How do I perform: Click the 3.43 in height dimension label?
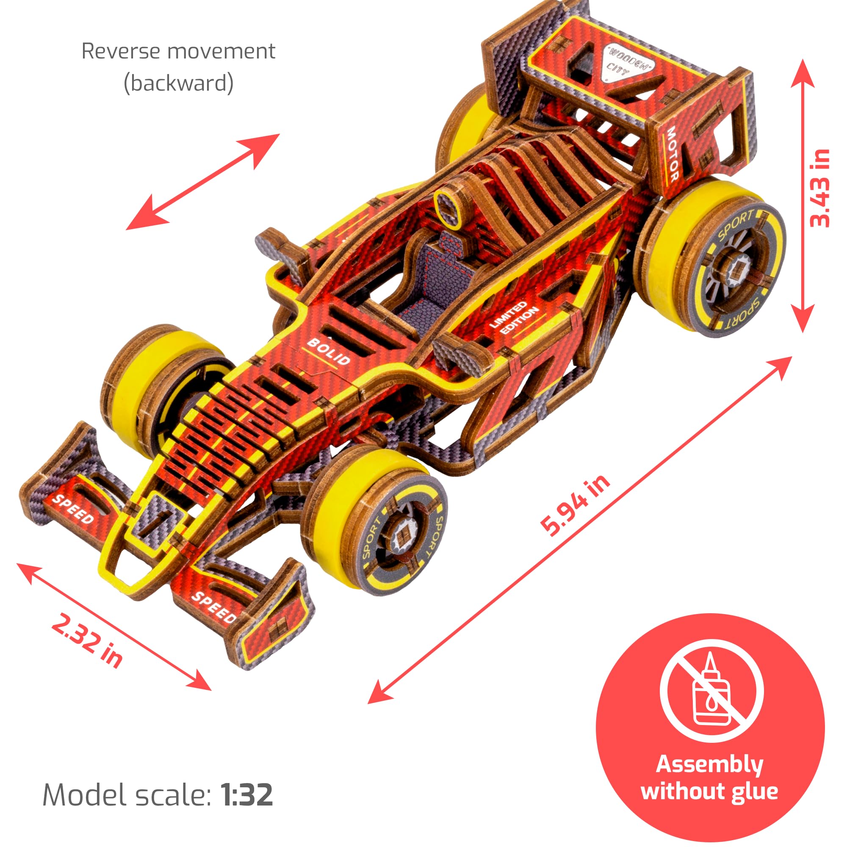click(820, 188)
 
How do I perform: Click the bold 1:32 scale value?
click(247, 795)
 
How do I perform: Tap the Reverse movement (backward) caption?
click(178, 66)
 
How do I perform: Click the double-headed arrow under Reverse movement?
click(202, 182)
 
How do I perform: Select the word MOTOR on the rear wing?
click(673, 154)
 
